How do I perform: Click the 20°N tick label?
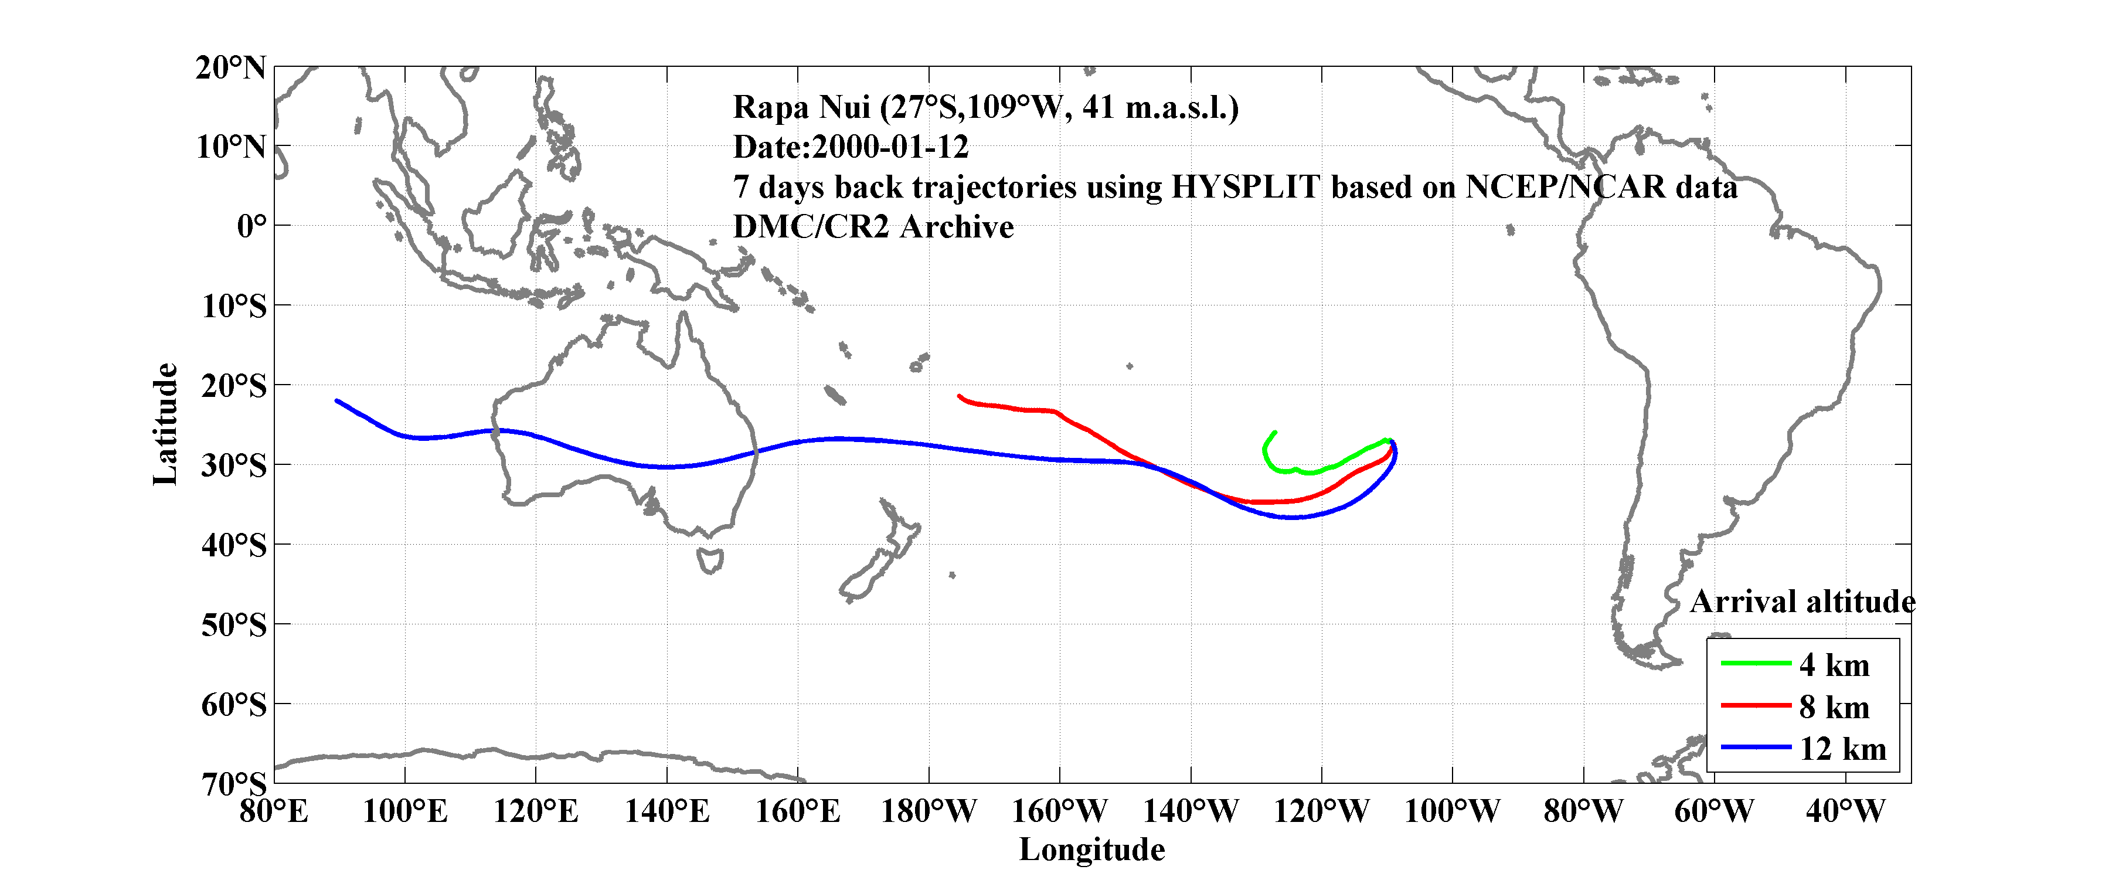(x=230, y=67)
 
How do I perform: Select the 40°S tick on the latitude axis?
(x=234, y=545)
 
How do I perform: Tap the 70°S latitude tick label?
(x=234, y=784)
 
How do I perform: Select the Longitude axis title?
(x=1091, y=850)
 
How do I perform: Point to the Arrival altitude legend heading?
(x=1802, y=602)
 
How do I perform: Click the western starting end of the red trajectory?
(x=959, y=396)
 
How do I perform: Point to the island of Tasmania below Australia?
(x=710, y=561)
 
